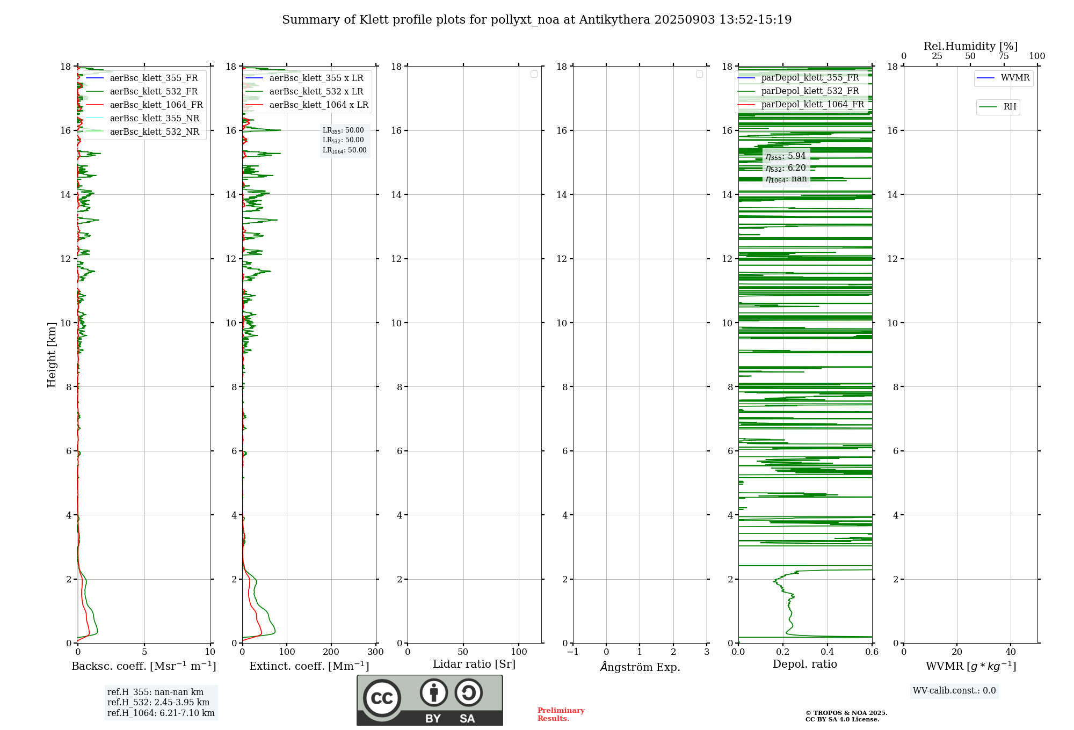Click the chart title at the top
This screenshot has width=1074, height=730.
(536, 20)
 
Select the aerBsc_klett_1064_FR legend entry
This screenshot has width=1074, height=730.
(156, 105)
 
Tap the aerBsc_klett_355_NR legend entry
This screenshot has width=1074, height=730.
(154, 119)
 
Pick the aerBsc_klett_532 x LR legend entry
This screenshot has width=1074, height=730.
(316, 92)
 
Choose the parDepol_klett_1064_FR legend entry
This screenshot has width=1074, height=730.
(812, 105)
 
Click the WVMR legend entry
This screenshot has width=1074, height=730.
(1014, 78)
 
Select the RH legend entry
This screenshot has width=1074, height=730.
(1009, 107)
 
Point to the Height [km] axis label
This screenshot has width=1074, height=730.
(52, 355)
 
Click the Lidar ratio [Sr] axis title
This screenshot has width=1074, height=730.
(474, 665)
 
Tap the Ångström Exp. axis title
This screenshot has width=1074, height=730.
(640, 667)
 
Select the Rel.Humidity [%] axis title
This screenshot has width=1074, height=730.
(970, 46)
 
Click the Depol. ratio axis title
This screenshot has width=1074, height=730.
(804, 665)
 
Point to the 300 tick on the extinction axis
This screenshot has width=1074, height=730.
(376, 652)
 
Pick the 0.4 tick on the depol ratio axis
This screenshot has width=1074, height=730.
(827, 652)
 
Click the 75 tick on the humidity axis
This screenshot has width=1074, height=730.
(1004, 56)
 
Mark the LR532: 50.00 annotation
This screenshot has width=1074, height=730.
(343, 140)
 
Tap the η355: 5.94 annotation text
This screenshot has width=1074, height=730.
(786, 156)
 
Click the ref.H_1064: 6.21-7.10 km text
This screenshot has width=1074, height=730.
(161, 713)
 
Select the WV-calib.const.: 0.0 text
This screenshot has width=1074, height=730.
(954, 691)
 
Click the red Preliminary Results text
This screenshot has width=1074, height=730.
(561, 714)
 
